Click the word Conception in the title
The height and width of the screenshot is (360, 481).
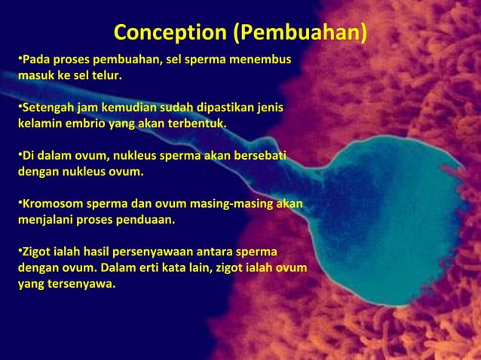tap(169, 34)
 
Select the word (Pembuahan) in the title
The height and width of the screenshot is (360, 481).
tap(299, 34)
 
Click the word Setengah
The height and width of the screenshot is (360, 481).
tap(45, 108)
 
